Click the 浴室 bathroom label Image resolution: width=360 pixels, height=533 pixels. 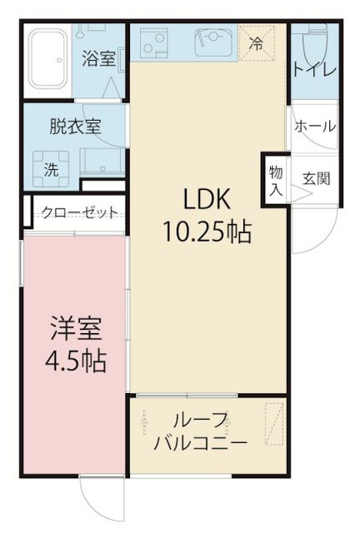[99, 59]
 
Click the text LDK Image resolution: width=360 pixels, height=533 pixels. [212, 200]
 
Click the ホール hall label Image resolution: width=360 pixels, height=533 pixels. [316, 127]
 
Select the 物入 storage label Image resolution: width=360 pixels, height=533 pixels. [275, 179]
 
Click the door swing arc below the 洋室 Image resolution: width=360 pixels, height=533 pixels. [102, 499]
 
